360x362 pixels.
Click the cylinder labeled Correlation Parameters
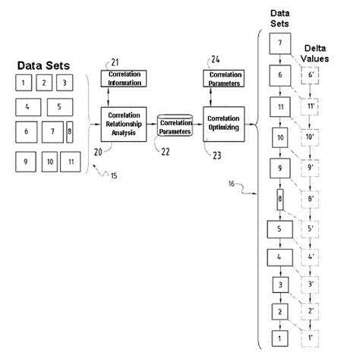(x=175, y=124)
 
